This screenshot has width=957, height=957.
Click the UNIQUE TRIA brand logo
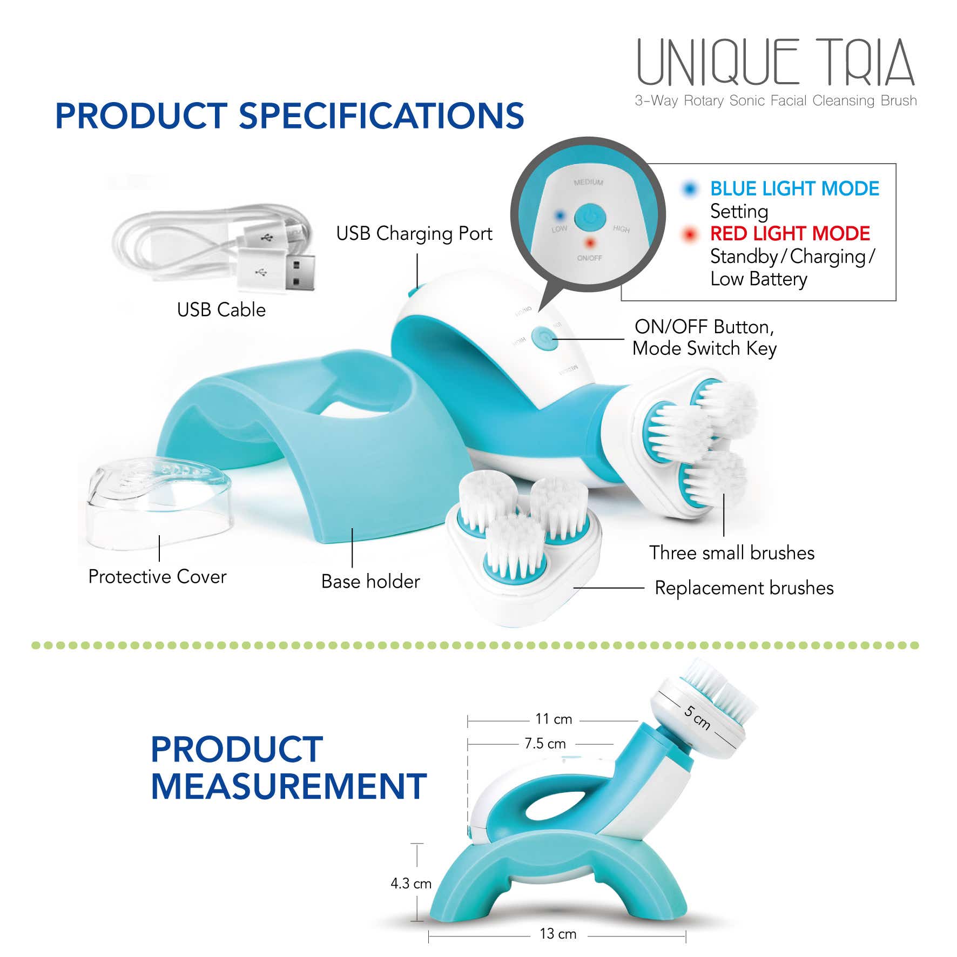click(776, 62)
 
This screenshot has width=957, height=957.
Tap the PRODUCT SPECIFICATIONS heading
click(289, 116)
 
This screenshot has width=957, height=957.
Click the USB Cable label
click(221, 309)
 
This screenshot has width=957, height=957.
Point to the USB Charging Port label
click(414, 233)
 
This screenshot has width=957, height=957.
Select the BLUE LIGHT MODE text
click(794, 188)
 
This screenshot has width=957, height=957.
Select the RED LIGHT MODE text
click(790, 233)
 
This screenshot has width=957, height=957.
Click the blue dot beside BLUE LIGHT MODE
click(689, 188)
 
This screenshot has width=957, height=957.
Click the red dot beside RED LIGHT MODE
click(689, 234)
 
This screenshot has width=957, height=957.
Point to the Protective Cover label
click(157, 577)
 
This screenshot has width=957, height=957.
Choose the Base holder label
click(370, 582)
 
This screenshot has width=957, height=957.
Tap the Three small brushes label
click(732, 553)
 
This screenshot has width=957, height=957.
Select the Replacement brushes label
click(744, 588)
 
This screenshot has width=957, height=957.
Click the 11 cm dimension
click(554, 719)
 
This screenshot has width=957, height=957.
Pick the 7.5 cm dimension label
click(545, 744)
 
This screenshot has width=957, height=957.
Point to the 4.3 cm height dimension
click(411, 884)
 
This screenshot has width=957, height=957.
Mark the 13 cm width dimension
click(558, 934)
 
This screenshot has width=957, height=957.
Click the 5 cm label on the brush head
click(697, 717)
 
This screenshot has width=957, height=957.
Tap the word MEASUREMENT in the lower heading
click(289, 786)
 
